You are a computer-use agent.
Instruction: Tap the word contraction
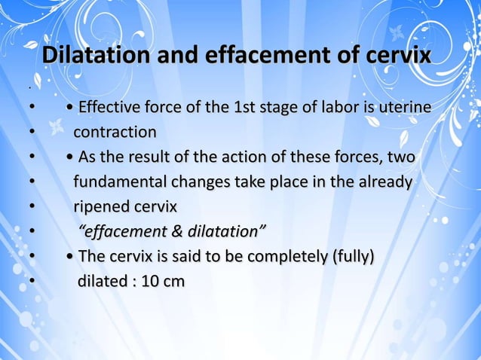115,133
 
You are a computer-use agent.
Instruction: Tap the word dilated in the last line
103,281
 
